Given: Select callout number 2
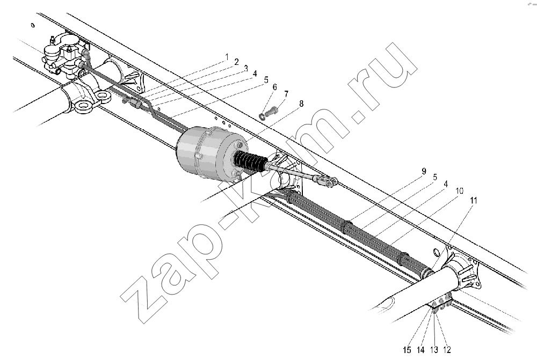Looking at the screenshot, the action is point(236,62).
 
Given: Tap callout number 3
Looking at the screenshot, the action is point(245,69).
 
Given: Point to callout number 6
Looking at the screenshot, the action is point(274,87).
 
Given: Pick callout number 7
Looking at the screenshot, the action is point(286,94).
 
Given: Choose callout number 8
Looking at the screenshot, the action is point(301,104).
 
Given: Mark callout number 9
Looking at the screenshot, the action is point(424,172).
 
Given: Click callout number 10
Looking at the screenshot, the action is point(460,190).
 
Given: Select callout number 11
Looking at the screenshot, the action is point(473,200).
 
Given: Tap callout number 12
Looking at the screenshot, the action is point(447,350).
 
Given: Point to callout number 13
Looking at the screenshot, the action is point(434,350).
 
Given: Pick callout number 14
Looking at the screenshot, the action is point(420,350).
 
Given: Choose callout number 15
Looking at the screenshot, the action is point(407,350).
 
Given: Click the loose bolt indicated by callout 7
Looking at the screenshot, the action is point(272,112).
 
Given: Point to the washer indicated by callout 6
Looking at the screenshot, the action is point(263,117).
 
